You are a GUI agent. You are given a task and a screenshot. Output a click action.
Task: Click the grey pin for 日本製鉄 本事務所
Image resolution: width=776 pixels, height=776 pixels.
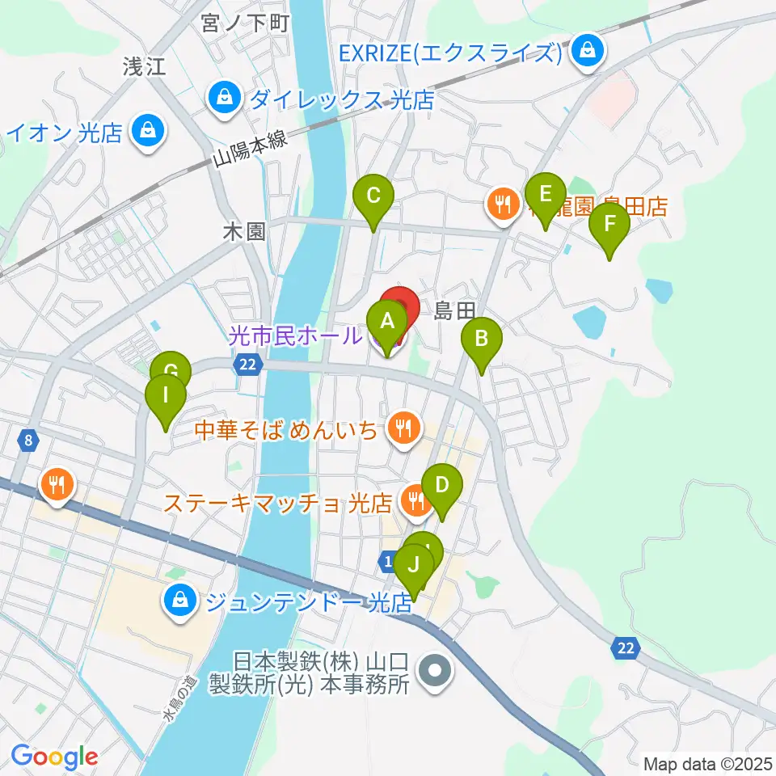[435, 670]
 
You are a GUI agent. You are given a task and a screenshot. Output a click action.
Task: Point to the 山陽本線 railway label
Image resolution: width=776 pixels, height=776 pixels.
[251, 148]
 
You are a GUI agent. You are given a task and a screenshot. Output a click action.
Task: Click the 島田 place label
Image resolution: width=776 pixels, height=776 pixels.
[453, 310]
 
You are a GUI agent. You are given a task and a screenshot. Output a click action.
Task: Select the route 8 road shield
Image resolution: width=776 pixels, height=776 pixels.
[29, 441]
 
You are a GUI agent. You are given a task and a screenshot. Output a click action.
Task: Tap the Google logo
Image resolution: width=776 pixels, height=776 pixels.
[55, 757]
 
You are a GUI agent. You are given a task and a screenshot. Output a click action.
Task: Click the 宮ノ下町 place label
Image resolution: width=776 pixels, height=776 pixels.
[234, 23]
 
